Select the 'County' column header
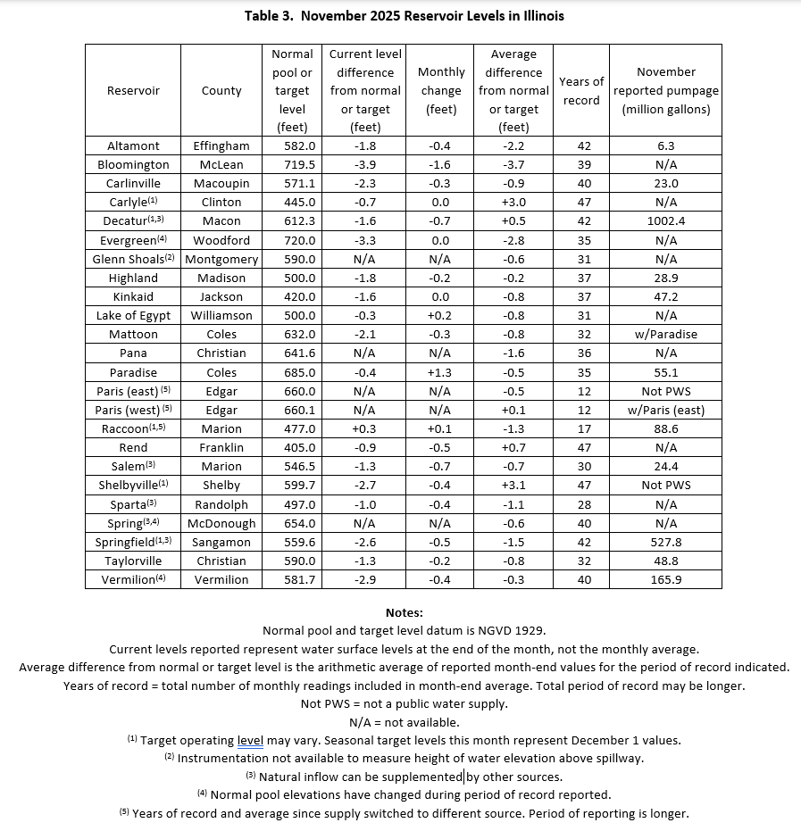pyautogui.click(x=221, y=90)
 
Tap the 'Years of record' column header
pyautogui.click(x=581, y=90)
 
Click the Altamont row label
pyautogui.click(x=133, y=145)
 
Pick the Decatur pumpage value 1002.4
pyautogui.click(x=665, y=220)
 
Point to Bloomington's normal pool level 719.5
pyautogui.click(x=292, y=164)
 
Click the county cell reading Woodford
pyautogui.click(x=221, y=240)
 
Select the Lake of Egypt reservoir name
pyautogui.click(x=133, y=315)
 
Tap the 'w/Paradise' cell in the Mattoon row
pyautogui.click(x=665, y=334)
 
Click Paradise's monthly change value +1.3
pyautogui.click(x=441, y=372)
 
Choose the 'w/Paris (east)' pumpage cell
pyautogui.click(x=665, y=410)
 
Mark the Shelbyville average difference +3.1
pyautogui.click(x=513, y=485)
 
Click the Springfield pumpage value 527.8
pyautogui.click(x=665, y=542)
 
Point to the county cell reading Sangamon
pyautogui.click(x=221, y=542)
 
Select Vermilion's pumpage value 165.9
pyautogui.click(x=665, y=579)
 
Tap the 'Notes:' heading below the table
pyautogui.click(x=405, y=612)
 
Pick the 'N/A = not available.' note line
pyautogui.click(x=405, y=722)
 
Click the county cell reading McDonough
pyautogui.click(x=221, y=523)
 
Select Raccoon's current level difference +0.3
pyautogui.click(x=365, y=428)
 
